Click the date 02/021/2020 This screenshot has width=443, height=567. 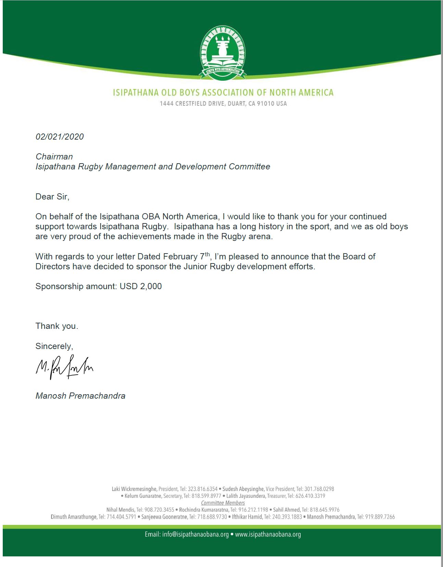click(x=60, y=137)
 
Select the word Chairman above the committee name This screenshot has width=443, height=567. click(x=54, y=156)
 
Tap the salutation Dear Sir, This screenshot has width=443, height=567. click(x=52, y=196)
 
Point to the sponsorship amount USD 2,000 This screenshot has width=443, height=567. click(x=140, y=286)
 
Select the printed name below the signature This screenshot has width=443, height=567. click(x=80, y=396)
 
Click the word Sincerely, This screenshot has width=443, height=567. click(x=54, y=346)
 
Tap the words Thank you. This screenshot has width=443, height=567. click(x=56, y=326)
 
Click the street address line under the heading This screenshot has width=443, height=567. click(x=223, y=103)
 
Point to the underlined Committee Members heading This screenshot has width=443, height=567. click(x=223, y=503)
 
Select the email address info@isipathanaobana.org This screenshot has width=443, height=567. click(x=195, y=534)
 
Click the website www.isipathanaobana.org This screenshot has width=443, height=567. click(x=268, y=534)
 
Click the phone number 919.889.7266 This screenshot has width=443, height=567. click(x=380, y=517)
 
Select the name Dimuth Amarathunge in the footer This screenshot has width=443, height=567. click(x=74, y=517)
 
